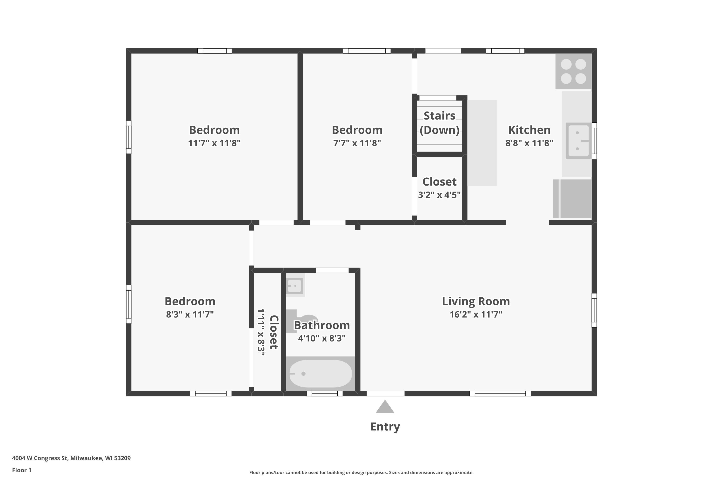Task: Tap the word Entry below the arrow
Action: coord(385,427)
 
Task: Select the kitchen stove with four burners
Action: coord(573,71)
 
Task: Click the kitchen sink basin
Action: coord(578,141)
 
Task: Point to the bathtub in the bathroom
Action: coord(320,374)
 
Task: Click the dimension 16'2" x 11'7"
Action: coord(475,315)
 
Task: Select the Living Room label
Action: coord(475,301)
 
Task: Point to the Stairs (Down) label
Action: coord(439,123)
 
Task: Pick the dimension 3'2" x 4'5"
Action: coord(439,195)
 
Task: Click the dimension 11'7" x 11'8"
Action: coord(214,143)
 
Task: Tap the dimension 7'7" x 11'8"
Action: coord(357,143)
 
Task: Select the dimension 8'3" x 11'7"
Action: coord(190,315)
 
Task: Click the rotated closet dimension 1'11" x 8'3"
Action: coord(261,332)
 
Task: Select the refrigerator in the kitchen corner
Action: coord(572,199)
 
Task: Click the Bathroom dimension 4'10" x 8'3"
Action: coord(321,338)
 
